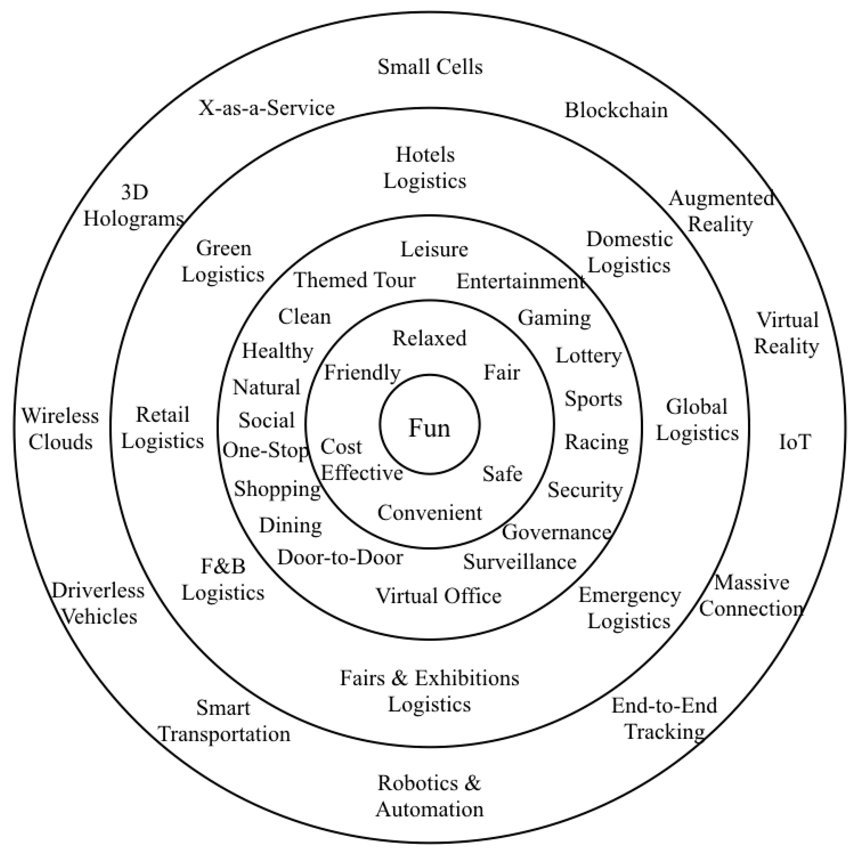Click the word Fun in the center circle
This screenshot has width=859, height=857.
pos(429,428)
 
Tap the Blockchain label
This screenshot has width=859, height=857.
pos(616,110)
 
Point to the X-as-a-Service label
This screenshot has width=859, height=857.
pos(266,108)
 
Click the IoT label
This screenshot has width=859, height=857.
pos(795,442)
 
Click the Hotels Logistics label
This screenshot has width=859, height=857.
pos(425,168)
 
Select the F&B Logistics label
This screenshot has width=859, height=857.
pos(223,579)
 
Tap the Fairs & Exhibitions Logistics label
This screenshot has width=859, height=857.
pos(429,691)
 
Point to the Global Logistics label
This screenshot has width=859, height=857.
pos(697,420)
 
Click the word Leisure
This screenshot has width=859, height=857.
pos(434,249)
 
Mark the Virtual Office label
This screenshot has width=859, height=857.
pos(438,596)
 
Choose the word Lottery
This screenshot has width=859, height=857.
pos(588,356)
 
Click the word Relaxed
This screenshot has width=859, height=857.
pos(429,338)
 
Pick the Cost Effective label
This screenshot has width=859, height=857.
pos(361,460)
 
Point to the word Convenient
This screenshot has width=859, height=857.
pos(429,513)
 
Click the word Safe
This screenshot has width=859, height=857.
pos(502,474)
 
